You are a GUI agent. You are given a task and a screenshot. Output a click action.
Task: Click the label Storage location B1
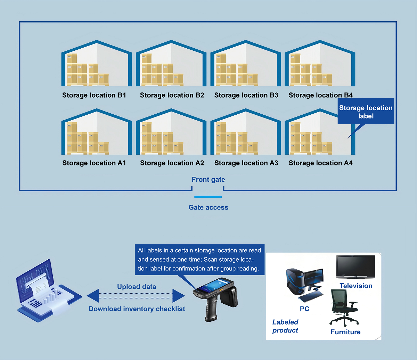click(94, 95)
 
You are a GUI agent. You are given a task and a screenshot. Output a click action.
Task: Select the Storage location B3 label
click(246, 95)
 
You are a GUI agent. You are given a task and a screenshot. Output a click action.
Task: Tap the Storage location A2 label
click(172, 163)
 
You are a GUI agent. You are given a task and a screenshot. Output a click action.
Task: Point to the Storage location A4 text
click(320, 163)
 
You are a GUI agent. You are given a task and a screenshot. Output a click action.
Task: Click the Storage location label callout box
click(366, 112)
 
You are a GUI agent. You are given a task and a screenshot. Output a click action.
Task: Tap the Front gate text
click(208, 180)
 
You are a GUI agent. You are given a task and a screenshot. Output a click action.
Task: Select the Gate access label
click(208, 207)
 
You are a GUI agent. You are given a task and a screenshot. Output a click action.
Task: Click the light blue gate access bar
click(208, 197)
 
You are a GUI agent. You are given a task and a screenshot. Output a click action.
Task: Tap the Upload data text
click(137, 287)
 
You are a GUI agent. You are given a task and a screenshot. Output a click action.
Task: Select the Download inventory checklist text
click(137, 309)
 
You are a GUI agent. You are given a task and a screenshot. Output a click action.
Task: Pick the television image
click(355, 267)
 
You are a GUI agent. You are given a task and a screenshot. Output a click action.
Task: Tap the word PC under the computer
click(304, 309)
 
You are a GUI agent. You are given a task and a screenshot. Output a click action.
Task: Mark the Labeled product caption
click(285, 326)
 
